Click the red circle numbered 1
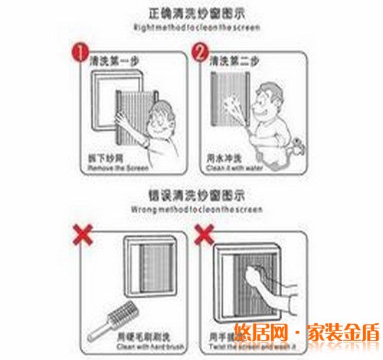click(77, 54)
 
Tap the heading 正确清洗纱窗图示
click(191, 14)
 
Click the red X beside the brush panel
click(83, 234)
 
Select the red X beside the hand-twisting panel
click(204, 234)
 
